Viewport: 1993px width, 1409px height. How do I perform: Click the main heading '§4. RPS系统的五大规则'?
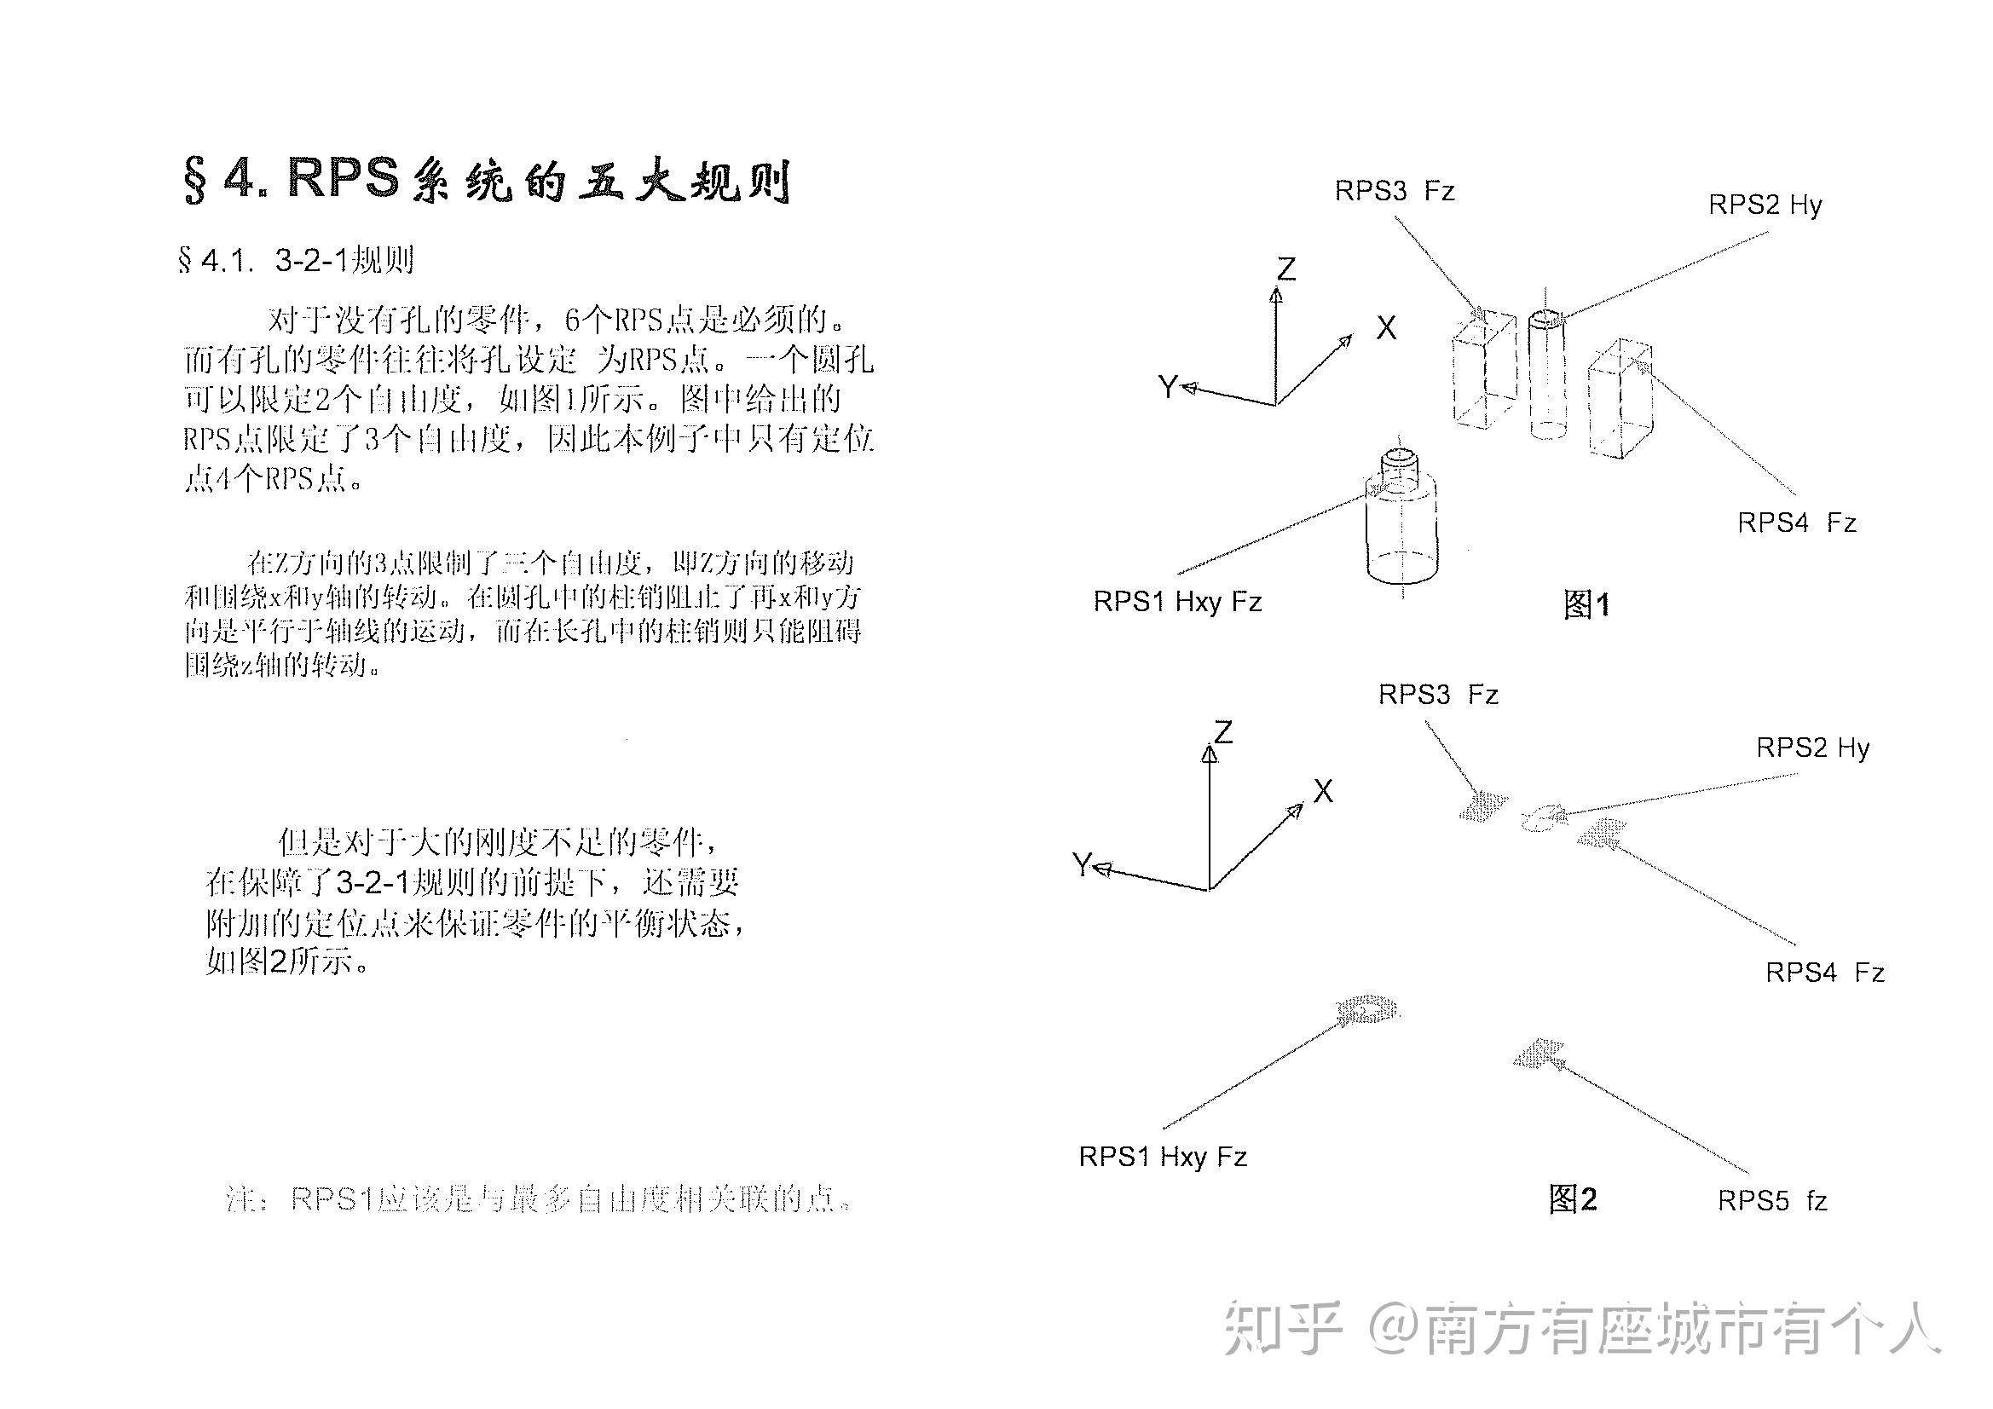pyautogui.click(x=486, y=180)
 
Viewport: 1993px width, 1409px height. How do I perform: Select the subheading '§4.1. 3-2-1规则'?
pyautogui.click(x=295, y=261)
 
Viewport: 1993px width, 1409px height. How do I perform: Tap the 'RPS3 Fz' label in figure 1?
pyautogui.click(x=1394, y=191)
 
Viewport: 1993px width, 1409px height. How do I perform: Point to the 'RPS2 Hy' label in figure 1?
pyautogui.click(x=1765, y=205)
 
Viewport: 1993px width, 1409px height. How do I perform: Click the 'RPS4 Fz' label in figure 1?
pyautogui.click(x=1796, y=523)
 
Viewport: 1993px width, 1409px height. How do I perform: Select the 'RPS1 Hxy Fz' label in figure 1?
pyautogui.click(x=1177, y=602)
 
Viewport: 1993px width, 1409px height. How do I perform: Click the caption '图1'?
pyautogui.click(x=1586, y=604)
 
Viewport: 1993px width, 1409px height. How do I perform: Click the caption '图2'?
pyautogui.click(x=1572, y=1199)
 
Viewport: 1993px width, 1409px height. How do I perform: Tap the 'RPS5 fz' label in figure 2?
pyautogui.click(x=1771, y=1201)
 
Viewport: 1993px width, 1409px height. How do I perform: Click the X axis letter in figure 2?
pyautogui.click(x=1323, y=791)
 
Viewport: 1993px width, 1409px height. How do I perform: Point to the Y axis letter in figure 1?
pyautogui.click(x=1169, y=386)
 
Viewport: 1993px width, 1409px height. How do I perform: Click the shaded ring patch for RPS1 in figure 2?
pyautogui.click(x=1367, y=1011)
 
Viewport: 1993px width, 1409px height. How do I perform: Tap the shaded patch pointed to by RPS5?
pyautogui.click(x=1539, y=1054)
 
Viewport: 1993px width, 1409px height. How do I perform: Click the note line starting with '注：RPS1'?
pyautogui.click(x=538, y=1199)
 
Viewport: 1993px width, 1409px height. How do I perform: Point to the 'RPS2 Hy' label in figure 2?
pyautogui.click(x=1812, y=748)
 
